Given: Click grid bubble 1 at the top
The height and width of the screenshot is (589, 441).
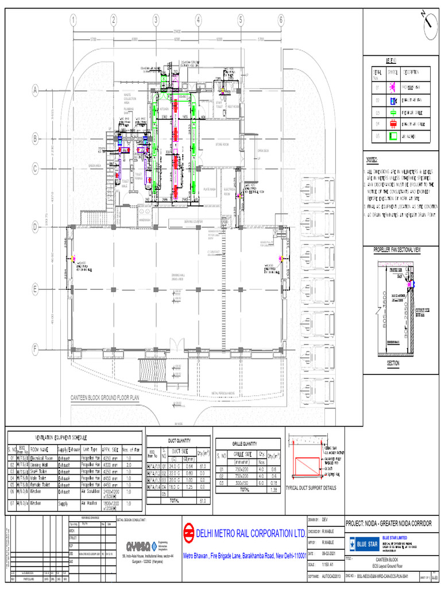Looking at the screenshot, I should pyautogui.click(x=73, y=20).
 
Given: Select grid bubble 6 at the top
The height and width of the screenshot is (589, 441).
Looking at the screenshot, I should pyautogui.click(x=281, y=20).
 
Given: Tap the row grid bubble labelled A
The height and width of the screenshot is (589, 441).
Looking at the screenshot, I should pyautogui.click(x=34, y=90).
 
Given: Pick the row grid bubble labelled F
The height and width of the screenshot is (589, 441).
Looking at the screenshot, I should pyautogui.click(x=34, y=349).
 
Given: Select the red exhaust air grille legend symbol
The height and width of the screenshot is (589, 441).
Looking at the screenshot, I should pyautogui.click(x=393, y=124).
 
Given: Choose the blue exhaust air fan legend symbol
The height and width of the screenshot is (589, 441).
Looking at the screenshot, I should pyautogui.click(x=393, y=100).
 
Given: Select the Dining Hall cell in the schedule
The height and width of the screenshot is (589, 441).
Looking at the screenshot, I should pyautogui.click(x=42, y=465).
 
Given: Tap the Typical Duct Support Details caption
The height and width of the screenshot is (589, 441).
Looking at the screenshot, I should pyautogui.click(x=310, y=488).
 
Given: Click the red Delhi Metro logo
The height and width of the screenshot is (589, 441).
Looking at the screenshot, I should pyautogui.click(x=188, y=533).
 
